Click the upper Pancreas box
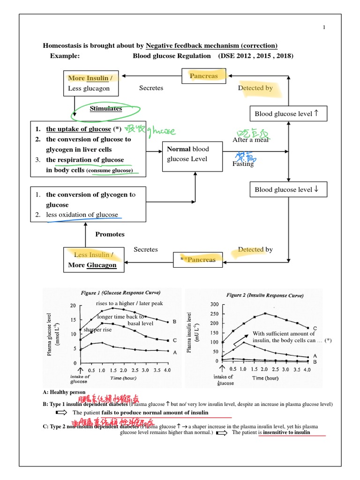[203, 76]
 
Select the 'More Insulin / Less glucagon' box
[90, 83]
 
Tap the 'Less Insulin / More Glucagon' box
[94, 260]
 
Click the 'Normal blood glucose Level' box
[192, 154]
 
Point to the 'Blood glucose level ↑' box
[287, 114]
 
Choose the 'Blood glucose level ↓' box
[287, 190]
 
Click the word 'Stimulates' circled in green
[106, 109]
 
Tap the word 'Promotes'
[110, 234]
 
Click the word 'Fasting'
[243, 164]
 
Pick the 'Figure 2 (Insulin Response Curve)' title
[265, 295]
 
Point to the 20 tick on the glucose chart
[73, 306]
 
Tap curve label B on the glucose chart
[174, 322]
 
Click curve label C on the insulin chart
[315, 328]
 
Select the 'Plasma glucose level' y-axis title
[50, 334]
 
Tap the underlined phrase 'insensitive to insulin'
[287, 432]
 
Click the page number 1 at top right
[324, 28]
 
